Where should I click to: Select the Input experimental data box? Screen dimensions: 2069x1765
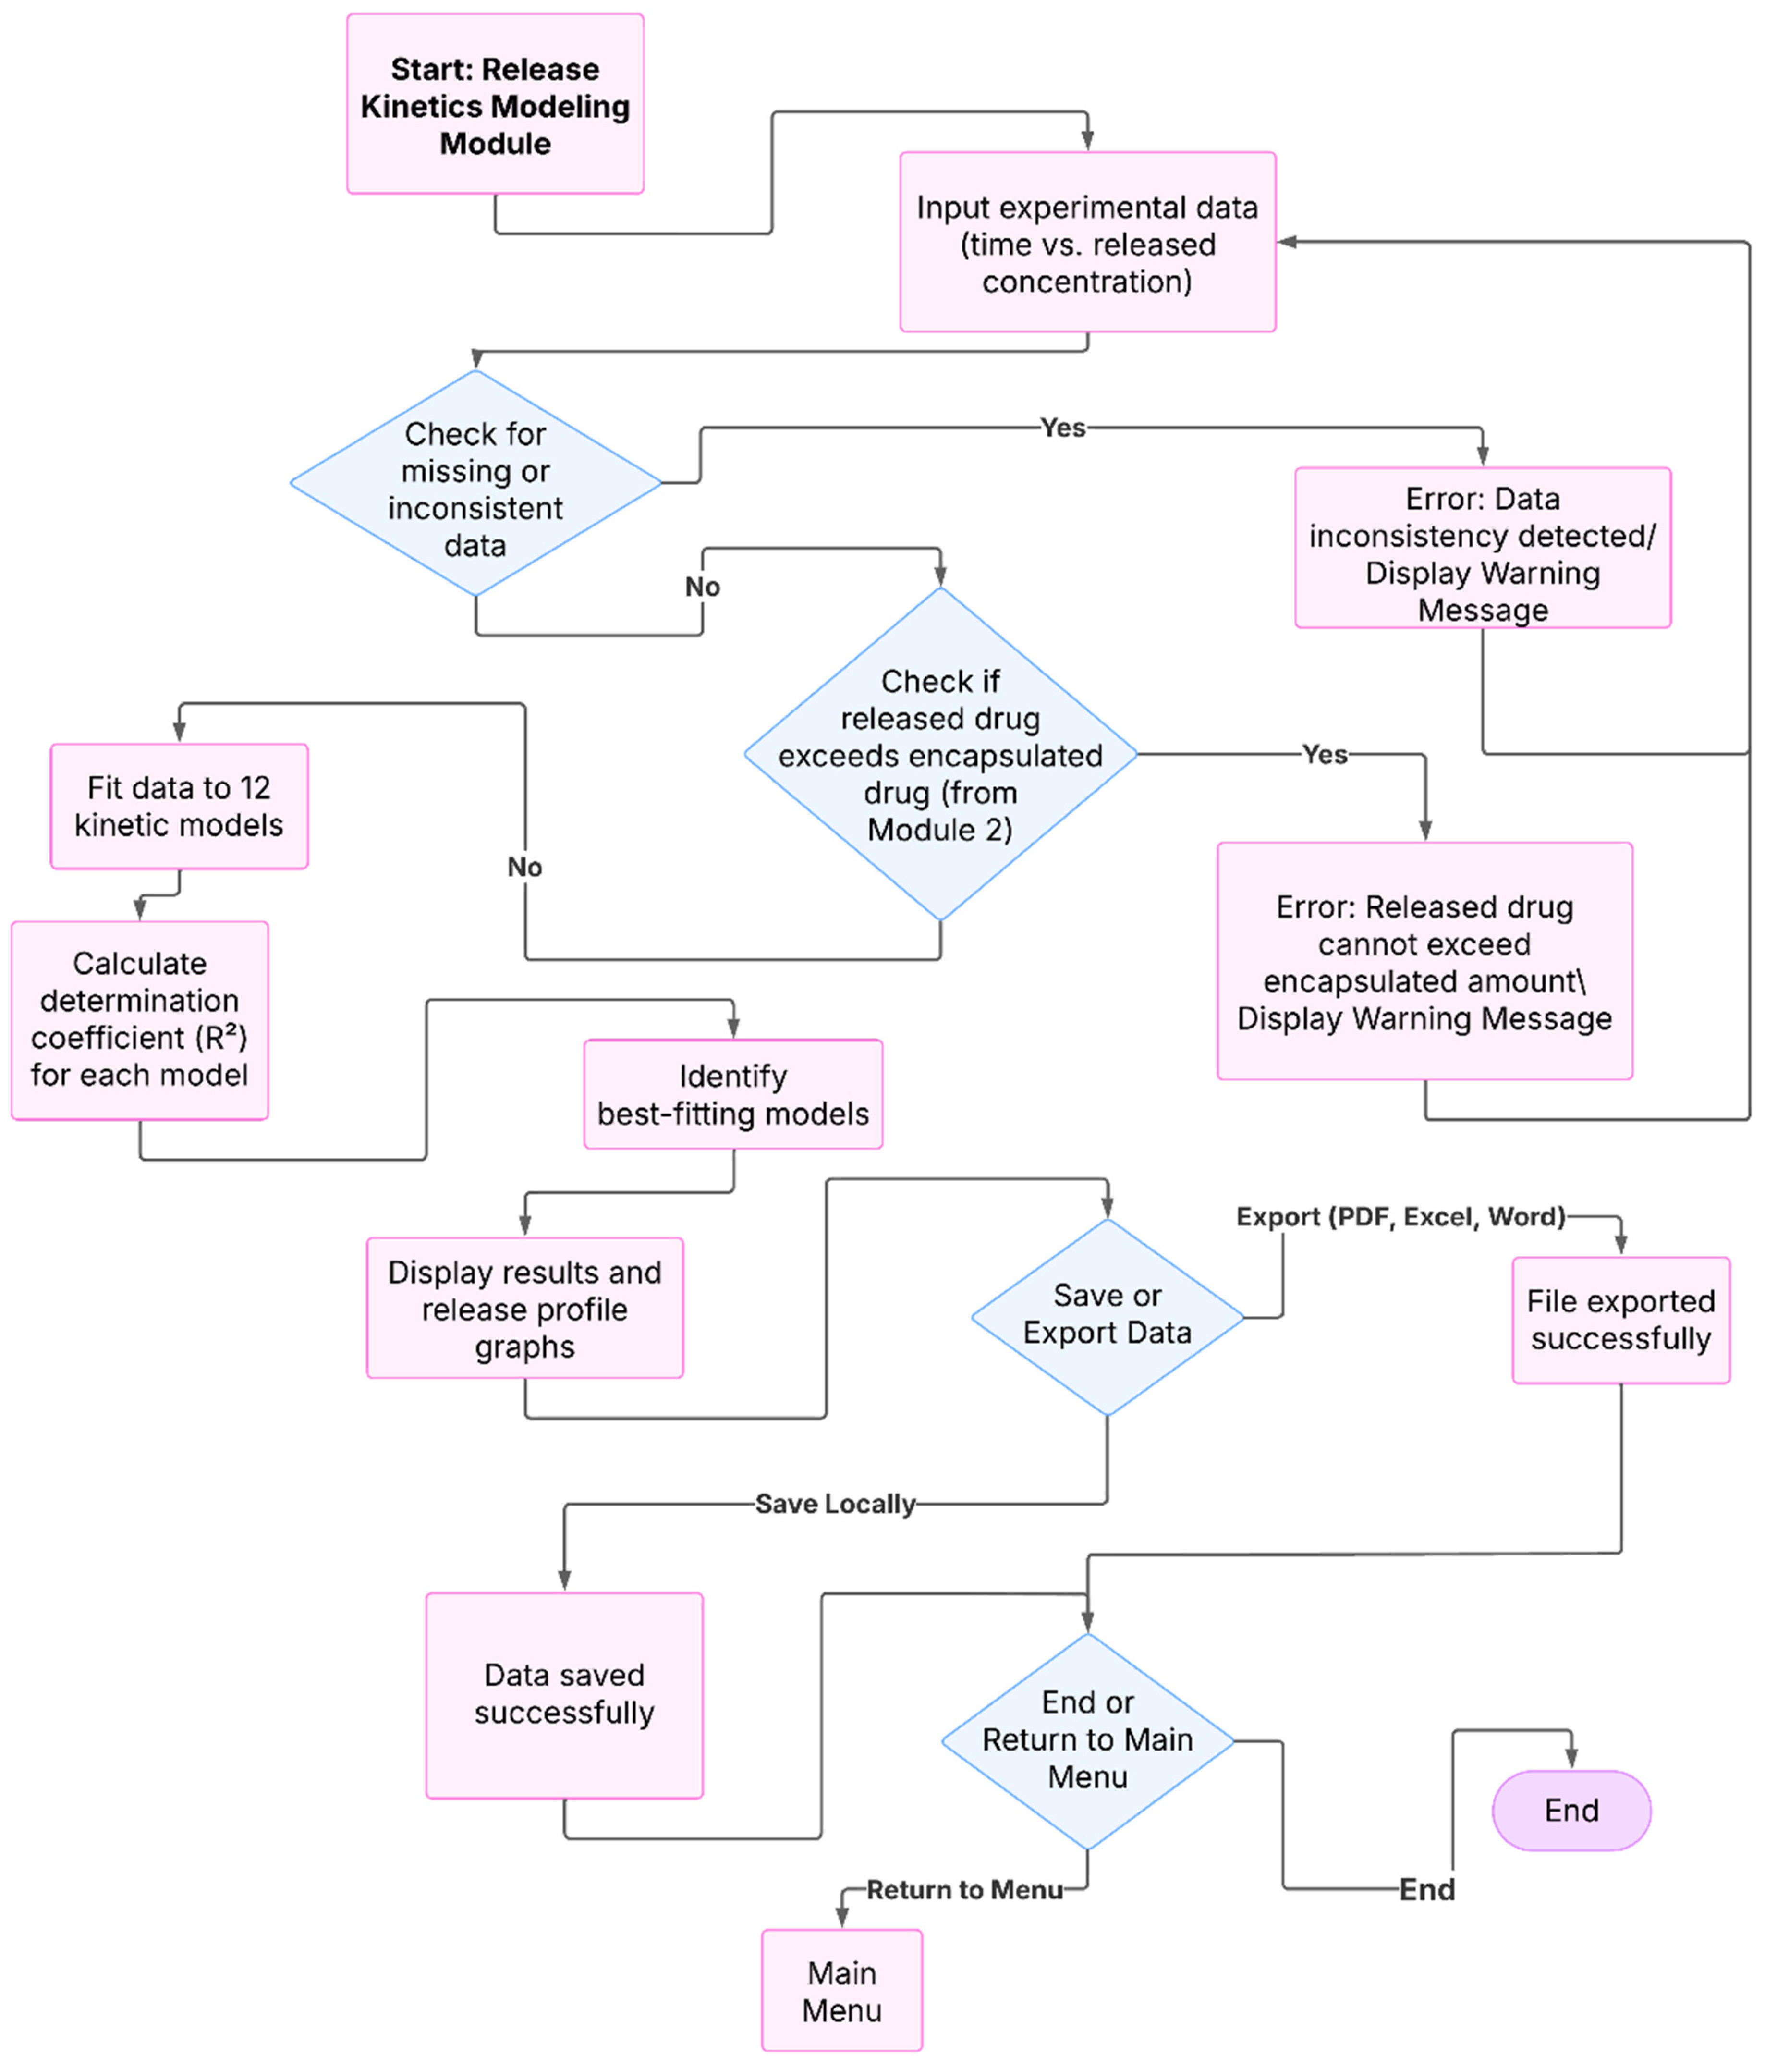(1087, 243)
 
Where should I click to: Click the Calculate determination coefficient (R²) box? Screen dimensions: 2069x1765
(140, 1019)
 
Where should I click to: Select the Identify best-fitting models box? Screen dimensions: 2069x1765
(733, 1094)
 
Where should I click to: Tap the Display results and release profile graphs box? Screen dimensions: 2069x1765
(525, 1308)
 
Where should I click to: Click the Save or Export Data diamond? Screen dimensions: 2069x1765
(1107, 1316)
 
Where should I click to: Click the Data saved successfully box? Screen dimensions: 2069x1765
(564, 1694)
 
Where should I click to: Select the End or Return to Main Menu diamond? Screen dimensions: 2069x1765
(1087, 1740)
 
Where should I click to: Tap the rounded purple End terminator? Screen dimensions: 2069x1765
(1571, 1811)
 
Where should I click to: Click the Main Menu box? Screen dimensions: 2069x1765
(841, 1991)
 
